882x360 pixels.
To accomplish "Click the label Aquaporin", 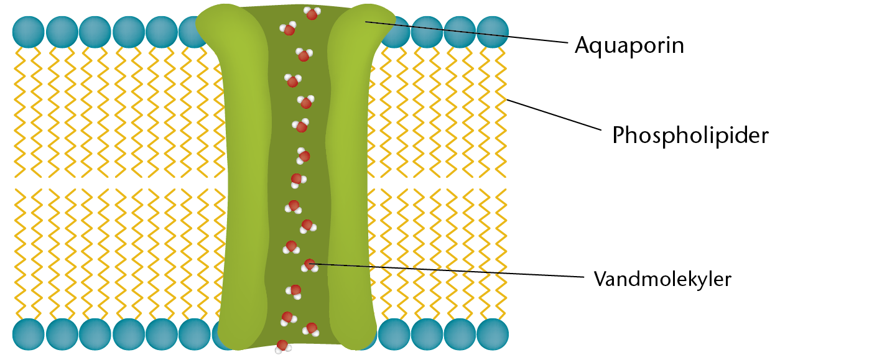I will point(629,45).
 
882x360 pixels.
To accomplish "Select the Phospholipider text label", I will point(690,135).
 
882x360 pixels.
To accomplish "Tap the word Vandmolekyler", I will point(662,279).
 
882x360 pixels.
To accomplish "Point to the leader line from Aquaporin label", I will point(467,32).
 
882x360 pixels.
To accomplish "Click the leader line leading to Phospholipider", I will point(554,114).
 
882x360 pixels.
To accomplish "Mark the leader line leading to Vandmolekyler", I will point(448,270).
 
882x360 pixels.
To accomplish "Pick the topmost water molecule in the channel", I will point(312,13).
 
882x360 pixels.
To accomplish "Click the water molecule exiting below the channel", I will point(282,346).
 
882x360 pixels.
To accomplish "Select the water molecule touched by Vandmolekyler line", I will point(309,265).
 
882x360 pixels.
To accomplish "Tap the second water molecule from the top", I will point(289,29).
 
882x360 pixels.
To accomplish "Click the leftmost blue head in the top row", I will point(28,32).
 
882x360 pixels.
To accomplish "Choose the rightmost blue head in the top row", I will point(493,32).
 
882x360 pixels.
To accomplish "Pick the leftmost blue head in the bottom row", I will point(28,334).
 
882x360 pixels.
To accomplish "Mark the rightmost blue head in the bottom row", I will point(493,334).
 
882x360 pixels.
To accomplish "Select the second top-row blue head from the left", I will point(62,32).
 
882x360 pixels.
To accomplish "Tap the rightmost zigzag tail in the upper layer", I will point(498,112).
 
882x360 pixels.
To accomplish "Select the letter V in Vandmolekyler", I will point(600,279).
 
